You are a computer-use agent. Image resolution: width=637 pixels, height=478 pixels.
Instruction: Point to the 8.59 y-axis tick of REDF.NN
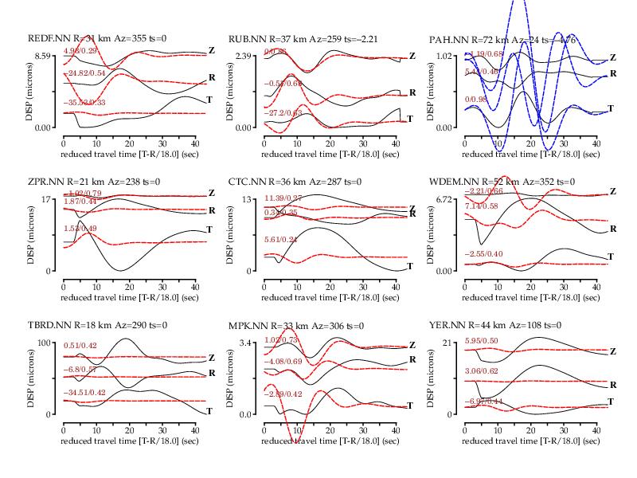pos(42,56)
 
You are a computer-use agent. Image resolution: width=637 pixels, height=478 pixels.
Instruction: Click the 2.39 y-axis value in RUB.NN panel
pos(243,56)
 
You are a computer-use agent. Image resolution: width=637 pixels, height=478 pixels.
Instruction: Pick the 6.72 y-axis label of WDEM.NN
pos(444,199)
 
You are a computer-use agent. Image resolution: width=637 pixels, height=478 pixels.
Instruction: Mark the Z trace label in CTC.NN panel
pos(412,206)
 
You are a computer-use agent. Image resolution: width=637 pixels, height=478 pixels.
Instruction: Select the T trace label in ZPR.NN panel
pos(209,229)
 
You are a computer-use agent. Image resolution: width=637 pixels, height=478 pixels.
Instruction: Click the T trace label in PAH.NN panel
pos(611,108)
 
